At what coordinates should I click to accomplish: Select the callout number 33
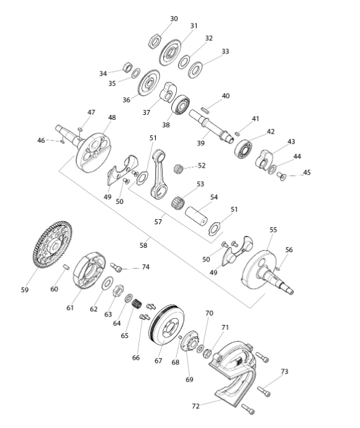point(225,52)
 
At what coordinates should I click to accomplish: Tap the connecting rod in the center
point(158,174)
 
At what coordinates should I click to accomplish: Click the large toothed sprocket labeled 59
point(52,245)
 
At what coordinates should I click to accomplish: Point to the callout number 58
point(143,245)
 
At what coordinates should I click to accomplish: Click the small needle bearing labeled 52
point(178,168)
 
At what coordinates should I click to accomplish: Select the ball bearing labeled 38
point(181,105)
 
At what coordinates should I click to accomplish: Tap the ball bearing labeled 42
point(243,148)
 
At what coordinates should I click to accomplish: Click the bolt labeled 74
point(116,267)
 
